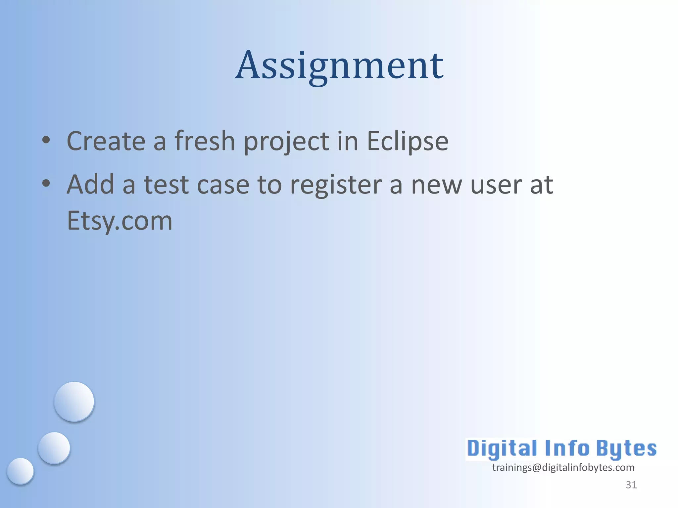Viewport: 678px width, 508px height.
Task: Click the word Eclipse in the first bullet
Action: click(408, 141)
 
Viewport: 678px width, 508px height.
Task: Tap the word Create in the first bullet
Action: click(106, 141)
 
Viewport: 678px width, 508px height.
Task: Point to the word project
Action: click(287, 142)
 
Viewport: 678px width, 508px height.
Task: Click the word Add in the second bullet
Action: click(90, 184)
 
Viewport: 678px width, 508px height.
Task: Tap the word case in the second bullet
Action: click(223, 185)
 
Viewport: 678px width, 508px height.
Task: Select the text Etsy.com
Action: click(120, 221)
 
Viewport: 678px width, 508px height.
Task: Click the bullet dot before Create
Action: click(46, 140)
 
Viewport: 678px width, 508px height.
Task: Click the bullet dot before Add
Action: click(46, 183)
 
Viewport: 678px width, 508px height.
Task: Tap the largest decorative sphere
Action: click(74, 402)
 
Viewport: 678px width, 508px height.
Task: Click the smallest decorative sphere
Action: click(20, 471)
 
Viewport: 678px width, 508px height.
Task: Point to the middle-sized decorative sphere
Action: click(54, 448)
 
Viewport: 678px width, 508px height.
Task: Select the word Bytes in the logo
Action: click(626, 449)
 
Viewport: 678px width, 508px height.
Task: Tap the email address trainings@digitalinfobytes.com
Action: click(563, 468)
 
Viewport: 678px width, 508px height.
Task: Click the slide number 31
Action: click(631, 485)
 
